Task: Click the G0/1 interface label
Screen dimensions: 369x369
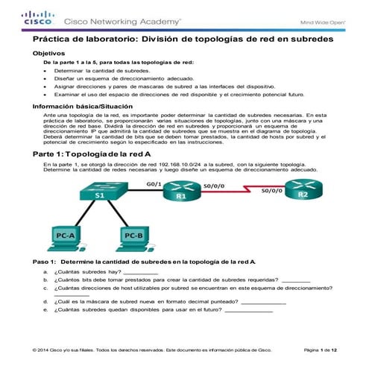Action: point(154,183)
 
